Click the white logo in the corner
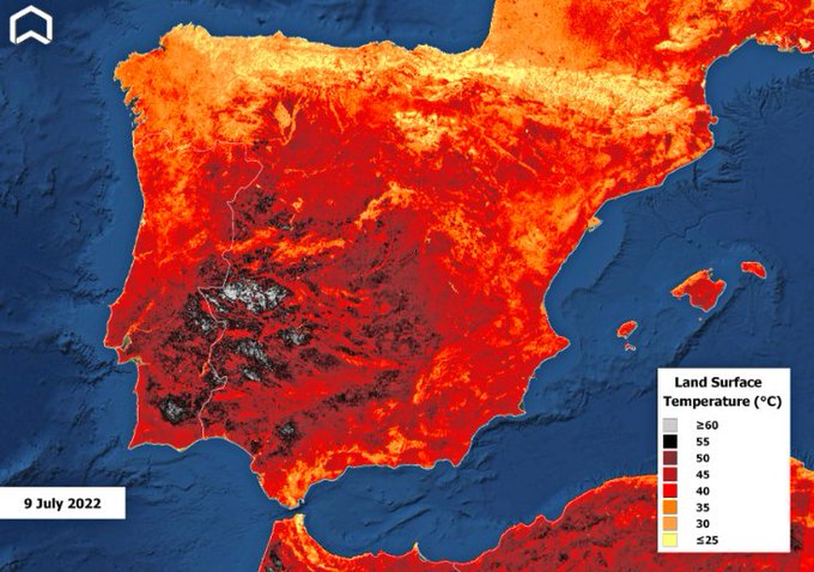(x=31, y=25)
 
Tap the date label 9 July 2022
(x=62, y=504)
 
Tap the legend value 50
(x=702, y=457)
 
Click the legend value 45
(x=702, y=474)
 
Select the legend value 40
(x=702, y=491)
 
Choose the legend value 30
(x=702, y=523)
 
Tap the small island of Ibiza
(x=627, y=330)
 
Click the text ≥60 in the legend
(x=704, y=425)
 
